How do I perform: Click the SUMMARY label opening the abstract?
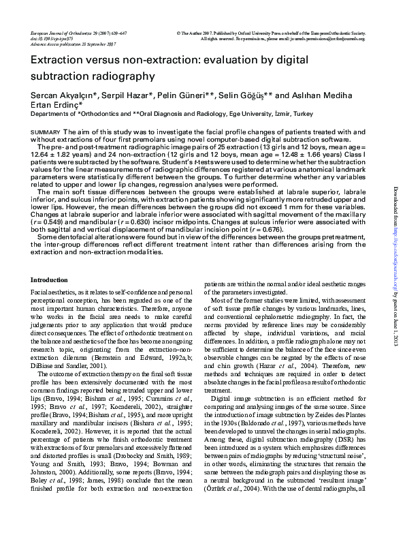46,131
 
